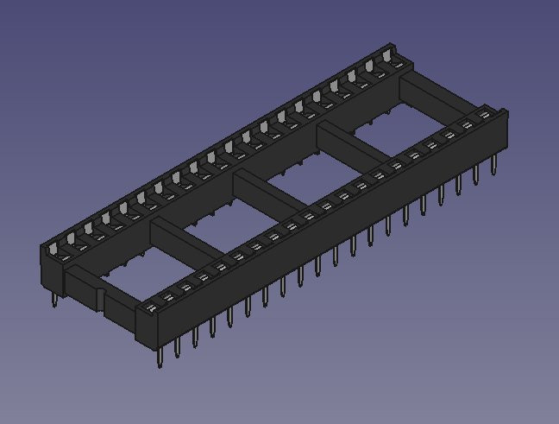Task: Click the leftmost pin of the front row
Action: click(x=160, y=357)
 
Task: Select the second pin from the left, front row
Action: click(x=177, y=346)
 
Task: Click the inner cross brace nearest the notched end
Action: click(x=185, y=237)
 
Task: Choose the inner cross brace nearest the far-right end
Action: click(x=355, y=143)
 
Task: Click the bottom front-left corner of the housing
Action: click(x=138, y=339)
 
